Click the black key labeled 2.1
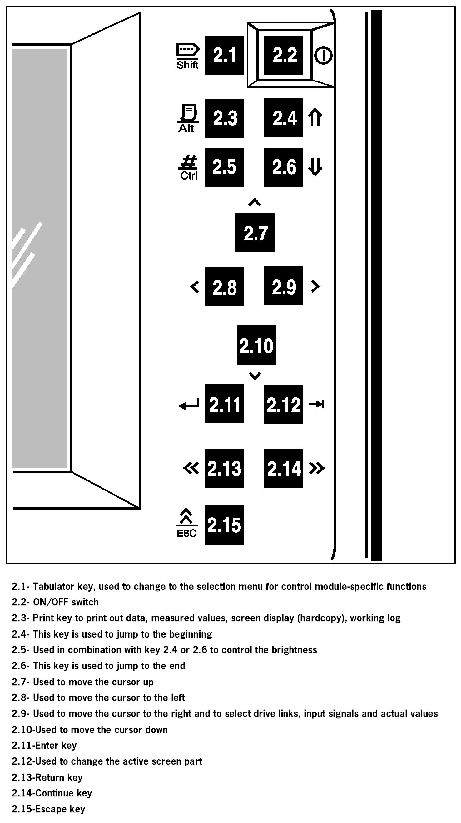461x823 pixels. click(x=224, y=55)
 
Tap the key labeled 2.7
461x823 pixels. click(x=255, y=232)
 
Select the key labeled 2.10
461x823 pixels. click(x=256, y=345)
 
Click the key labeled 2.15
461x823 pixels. click(x=224, y=525)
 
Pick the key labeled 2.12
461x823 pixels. click(x=283, y=404)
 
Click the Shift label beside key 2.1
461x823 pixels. click(x=187, y=65)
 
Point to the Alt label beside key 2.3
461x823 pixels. click(x=186, y=128)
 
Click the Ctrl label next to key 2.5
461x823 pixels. click(x=189, y=176)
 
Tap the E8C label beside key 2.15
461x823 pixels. click(x=187, y=533)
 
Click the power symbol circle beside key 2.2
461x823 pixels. click(x=323, y=56)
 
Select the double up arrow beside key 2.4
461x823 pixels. click(x=315, y=117)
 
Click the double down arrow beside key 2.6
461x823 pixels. click(x=315, y=167)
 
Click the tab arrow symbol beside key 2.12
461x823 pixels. click(x=316, y=404)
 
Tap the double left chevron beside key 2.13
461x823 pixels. click(x=191, y=468)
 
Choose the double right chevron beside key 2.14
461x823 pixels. click(x=316, y=468)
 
